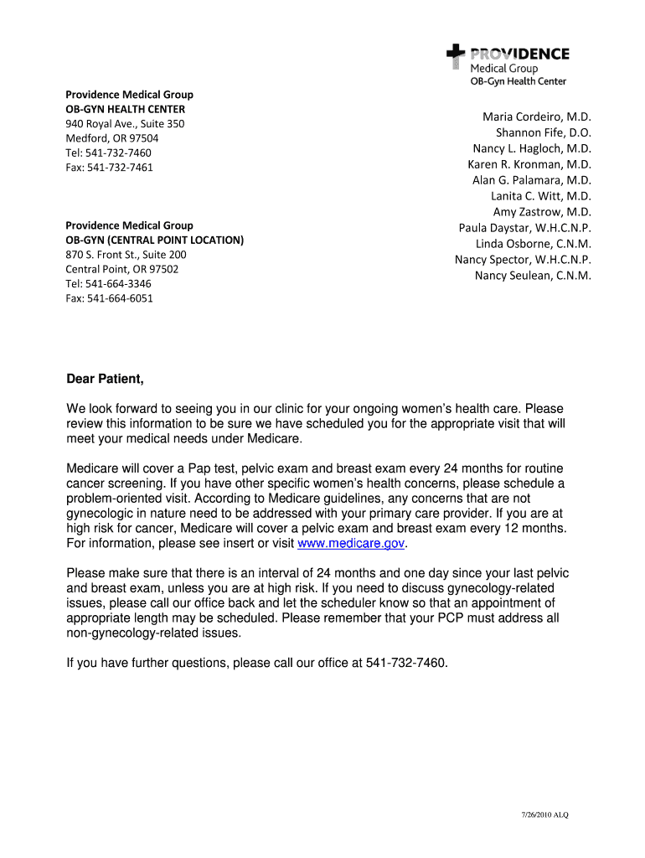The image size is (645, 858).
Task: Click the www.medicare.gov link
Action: pos(351,544)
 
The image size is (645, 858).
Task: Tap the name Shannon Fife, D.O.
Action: pos(543,132)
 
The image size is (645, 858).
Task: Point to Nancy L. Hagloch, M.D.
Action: pos(532,148)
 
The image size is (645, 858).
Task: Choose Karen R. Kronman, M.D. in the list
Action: pos(529,164)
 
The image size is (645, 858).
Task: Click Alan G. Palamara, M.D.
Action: pos(532,180)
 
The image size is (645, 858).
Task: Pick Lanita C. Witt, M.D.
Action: pos(541,196)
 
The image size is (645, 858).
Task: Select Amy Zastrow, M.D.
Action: pos(542,212)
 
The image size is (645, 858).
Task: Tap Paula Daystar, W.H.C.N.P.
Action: pos(524,228)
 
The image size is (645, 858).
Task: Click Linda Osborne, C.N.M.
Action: pos(534,244)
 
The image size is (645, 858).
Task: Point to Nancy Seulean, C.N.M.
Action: pos(533,276)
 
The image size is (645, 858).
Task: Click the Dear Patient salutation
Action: pos(106,380)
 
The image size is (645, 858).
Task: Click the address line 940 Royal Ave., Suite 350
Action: pos(125,124)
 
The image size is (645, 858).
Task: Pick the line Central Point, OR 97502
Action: pos(121,269)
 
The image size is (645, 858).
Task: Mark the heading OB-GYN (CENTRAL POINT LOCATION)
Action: pos(155,240)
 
